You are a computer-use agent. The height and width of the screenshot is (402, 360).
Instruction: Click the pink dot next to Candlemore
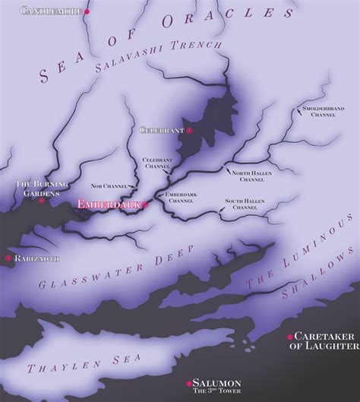[x=87, y=12]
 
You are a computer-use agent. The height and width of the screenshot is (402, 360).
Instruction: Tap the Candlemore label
[x=51, y=11]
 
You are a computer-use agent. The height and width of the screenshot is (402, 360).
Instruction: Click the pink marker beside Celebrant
[x=189, y=131]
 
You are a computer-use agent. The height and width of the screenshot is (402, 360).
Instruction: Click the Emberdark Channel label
[x=180, y=198]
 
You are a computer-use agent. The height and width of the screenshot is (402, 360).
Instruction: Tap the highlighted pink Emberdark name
[x=108, y=204]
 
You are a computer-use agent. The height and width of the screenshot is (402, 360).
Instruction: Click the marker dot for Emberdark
[x=144, y=204]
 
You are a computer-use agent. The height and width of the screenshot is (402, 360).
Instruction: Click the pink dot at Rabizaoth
[x=8, y=258]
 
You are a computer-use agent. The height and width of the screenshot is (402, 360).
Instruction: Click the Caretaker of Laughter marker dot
[x=289, y=336]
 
